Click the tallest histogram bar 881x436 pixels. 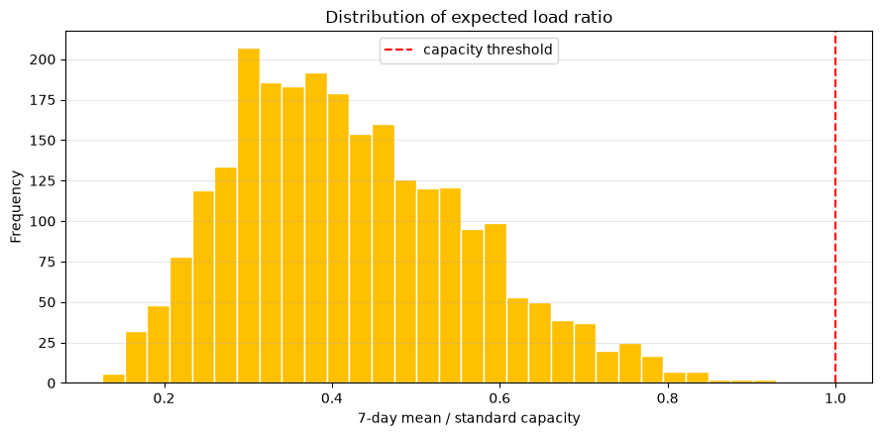[x=249, y=216]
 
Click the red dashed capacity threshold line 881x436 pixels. [x=835, y=207]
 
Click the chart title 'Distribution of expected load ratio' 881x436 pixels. [x=469, y=18]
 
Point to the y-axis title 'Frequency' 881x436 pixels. [x=16, y=207]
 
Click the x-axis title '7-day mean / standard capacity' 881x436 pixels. [x=469, y=418]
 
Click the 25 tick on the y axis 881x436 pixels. [x=52, y=343]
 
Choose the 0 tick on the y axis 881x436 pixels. [x=55, y=383]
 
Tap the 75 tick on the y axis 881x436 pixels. [x=52, y=263]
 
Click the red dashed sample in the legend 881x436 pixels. [x=400, y=50]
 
